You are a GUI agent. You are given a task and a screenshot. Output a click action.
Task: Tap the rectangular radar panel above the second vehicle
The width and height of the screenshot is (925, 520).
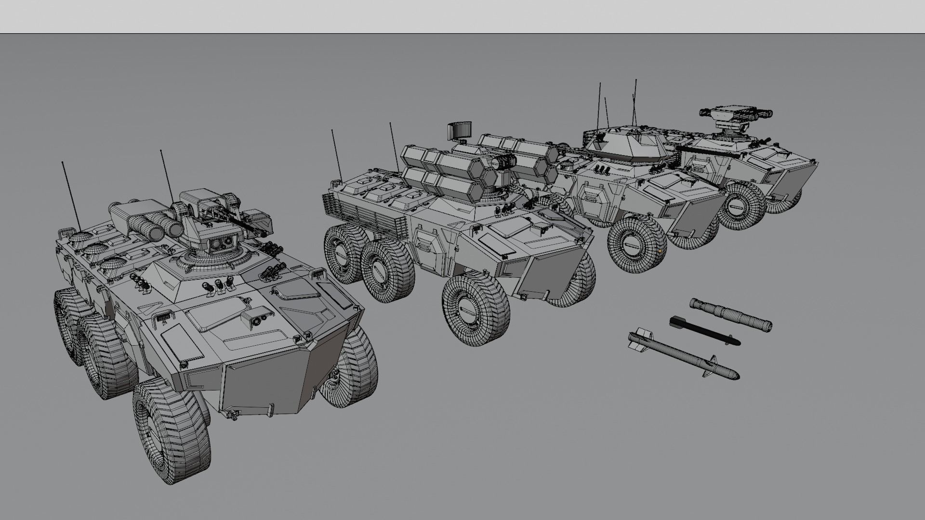(x=459, y=130)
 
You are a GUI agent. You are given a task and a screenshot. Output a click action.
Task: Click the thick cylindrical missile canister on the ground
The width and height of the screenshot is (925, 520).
(x=730, y=314)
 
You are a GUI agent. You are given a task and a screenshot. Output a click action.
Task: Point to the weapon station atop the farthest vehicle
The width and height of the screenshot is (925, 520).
(x=735, y=116)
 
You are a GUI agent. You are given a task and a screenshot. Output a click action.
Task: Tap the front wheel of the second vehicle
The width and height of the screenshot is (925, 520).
(x=476, y=310)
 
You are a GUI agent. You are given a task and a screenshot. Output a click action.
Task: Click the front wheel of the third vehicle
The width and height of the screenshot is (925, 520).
(x=637, y=244)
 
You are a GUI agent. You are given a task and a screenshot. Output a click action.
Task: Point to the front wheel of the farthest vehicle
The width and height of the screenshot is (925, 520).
(x=742, y=205)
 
